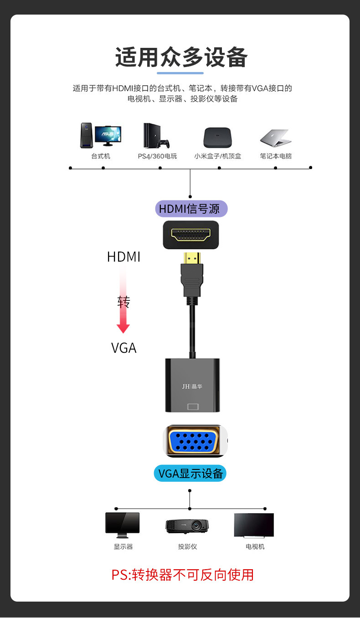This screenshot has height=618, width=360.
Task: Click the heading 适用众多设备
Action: [181, 58]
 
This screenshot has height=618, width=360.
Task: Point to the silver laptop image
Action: [275, 138]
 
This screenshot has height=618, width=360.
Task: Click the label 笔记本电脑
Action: [276, 156]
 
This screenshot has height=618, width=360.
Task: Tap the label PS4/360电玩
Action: [157, 156]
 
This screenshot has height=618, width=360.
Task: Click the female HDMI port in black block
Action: [191, 235]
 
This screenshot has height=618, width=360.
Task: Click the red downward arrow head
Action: [123, 328]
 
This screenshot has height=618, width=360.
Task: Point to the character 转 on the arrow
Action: [123, 302]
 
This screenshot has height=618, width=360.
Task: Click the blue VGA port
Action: [195, 441]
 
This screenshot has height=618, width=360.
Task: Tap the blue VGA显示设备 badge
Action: [190, 474]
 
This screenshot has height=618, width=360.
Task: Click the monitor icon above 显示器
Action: [123, 525]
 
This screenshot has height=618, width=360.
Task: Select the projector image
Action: [187, 526]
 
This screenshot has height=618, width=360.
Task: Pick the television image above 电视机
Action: [254, 525]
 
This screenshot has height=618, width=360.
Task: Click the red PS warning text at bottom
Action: [182, 575]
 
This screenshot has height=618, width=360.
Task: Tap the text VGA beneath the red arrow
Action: [123, 348]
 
